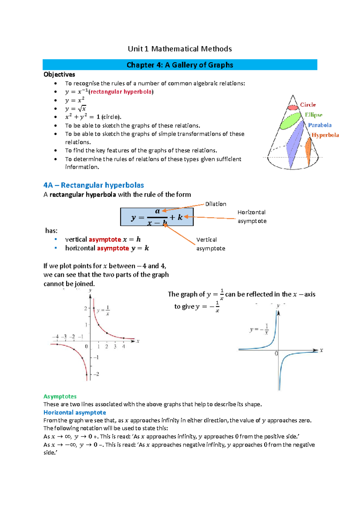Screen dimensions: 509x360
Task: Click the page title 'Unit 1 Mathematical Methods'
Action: pos(180,49)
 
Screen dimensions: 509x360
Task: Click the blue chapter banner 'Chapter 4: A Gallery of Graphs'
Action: pos(180,65)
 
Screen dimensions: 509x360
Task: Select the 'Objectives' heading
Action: pos(59,74)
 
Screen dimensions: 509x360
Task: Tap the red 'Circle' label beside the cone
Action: pos(308,105)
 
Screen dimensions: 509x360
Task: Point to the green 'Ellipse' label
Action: pos(313,115)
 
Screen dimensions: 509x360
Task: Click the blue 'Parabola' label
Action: pos(320,125)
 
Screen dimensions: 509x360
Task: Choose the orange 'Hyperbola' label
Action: pos(325,135)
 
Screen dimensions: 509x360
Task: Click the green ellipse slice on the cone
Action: pos(290,121)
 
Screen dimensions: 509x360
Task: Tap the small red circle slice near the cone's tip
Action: pos(292,107)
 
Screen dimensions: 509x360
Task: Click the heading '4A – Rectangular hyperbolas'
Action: pos(94,185)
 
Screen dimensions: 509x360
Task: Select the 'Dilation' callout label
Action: pos(216,204)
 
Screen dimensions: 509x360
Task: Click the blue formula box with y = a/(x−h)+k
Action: pos(157,217)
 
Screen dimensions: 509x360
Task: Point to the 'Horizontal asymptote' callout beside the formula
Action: pos(252,217)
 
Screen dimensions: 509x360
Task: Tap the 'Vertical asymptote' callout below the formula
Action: pos(211,244)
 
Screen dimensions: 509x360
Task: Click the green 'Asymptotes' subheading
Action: pos(60,396)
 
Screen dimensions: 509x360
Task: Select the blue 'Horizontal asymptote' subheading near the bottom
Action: pos(75,412)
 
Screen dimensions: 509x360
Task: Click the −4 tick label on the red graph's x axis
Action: pos(55,337)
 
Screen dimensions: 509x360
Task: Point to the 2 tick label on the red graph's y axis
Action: pos(86,309)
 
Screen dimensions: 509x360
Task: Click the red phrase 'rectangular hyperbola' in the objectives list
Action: pos(121,92)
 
